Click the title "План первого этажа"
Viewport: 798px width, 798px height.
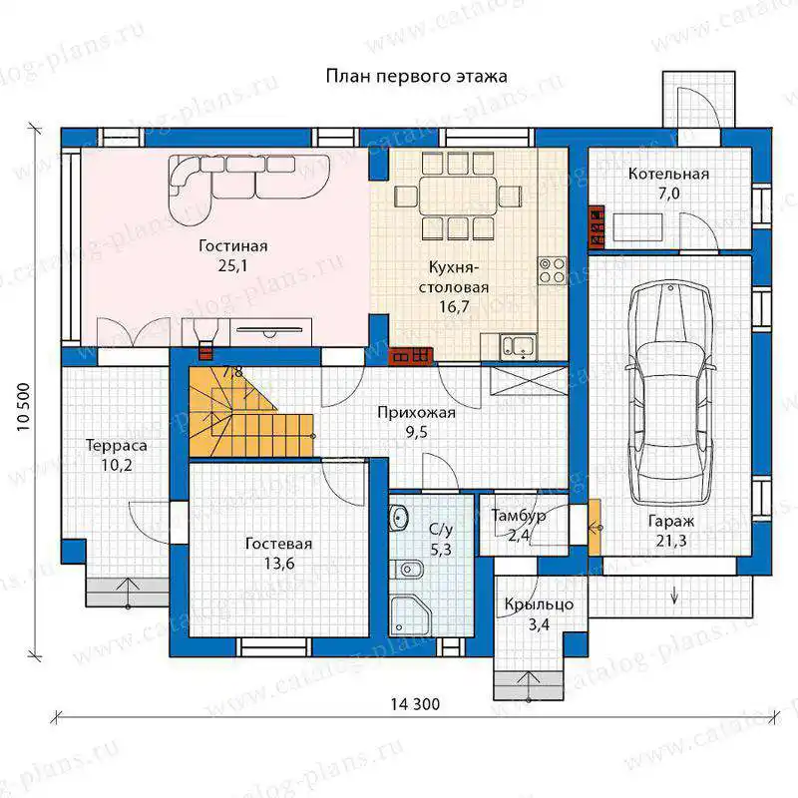click(x=416, y=77)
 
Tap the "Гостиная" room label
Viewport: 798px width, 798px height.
click(x=233, y=246)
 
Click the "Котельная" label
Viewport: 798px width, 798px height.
click(x=668, y=174)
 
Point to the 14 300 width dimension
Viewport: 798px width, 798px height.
click(x=415, y=704)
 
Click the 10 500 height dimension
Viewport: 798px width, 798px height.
click(x=24, y=407)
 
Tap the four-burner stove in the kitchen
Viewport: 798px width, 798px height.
click(x=553, y=270)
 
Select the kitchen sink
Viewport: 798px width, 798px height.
click(x=518, y=346)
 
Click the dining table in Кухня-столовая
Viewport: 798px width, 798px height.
click(x=458, y=196)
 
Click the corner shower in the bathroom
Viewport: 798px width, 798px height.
click(x=410, y=615)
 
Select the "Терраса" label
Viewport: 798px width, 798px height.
click(x=117, y=446)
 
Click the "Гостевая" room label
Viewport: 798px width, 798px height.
click(x=278, y=544)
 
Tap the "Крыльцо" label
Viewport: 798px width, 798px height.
click(x=539, y=605)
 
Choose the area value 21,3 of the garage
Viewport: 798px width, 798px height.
click(x=670, y=541)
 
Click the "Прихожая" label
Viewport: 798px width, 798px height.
click(x=416, y=413)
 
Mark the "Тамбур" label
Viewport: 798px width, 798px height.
click(x=519, y=516)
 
